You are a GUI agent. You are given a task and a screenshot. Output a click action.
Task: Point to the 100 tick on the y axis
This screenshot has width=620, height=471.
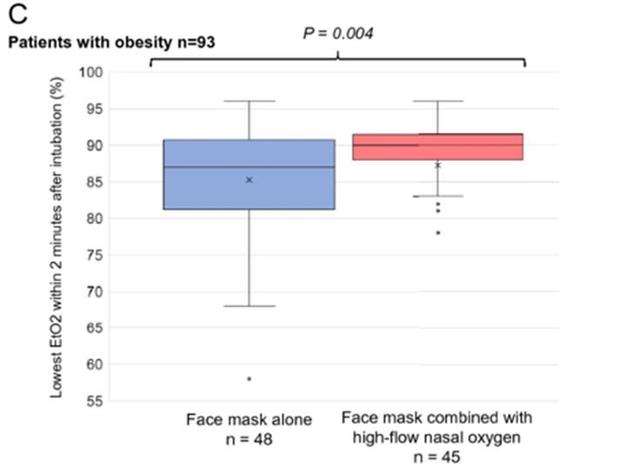90,71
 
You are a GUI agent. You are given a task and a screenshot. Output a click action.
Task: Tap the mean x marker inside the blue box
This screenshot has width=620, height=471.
249,180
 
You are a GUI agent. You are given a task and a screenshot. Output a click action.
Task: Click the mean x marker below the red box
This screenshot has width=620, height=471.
437,165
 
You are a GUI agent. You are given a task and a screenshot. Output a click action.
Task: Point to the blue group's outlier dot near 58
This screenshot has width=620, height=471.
249,379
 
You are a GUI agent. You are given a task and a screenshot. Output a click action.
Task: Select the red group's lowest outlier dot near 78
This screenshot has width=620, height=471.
437,233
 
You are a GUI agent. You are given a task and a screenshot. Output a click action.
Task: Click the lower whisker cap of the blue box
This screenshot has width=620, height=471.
249,306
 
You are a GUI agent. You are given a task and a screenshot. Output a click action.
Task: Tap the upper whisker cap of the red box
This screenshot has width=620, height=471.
437,101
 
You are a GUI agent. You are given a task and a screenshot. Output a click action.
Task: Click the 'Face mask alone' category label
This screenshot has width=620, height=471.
248,421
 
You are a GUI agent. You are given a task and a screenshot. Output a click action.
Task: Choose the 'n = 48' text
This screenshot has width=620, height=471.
248,440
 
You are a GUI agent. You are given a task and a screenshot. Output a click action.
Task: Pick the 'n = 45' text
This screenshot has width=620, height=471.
437,457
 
